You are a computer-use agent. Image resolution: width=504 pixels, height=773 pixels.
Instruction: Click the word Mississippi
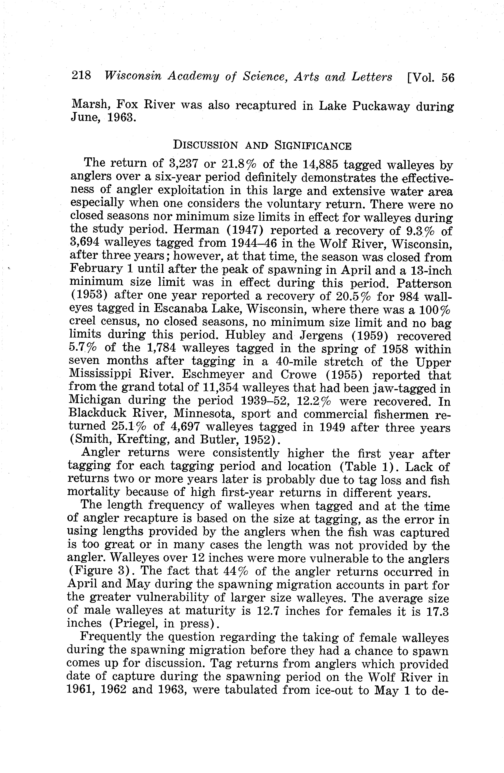pos(100,374)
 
